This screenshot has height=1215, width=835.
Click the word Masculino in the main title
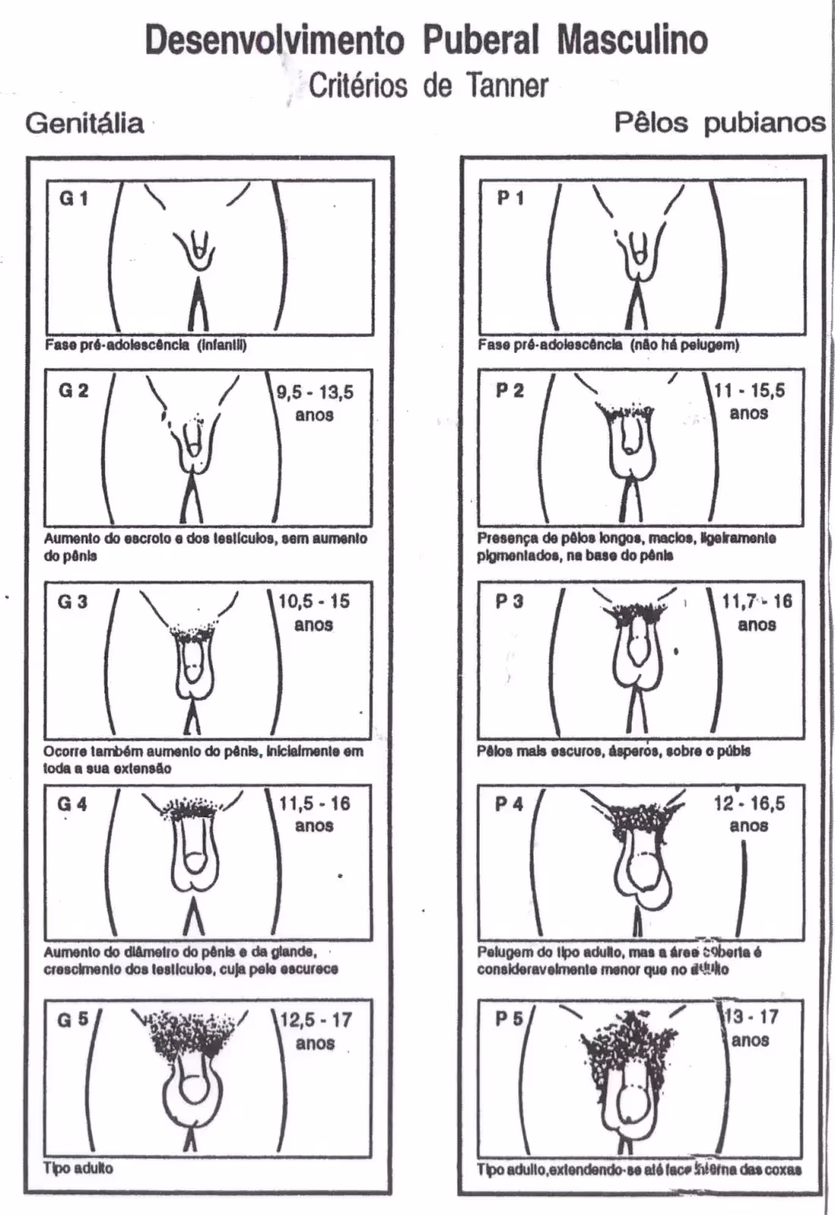632,39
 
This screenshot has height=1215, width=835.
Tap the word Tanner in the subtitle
507,85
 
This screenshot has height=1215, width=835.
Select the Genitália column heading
84,123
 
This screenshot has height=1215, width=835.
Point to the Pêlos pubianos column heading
719,122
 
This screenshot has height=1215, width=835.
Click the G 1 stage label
74,199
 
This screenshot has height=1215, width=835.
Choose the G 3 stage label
72,602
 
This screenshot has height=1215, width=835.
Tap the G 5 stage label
73,1020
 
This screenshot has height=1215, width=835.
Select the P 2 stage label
510,390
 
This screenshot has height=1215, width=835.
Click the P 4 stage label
509,804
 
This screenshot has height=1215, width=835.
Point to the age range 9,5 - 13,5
314,393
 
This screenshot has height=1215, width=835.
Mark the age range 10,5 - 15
314,601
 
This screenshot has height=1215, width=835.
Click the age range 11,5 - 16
314,803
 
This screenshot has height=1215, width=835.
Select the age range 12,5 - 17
316,1020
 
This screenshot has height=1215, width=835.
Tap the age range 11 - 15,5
749,391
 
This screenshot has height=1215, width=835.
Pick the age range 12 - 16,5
748,803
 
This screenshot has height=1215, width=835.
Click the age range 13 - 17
751,1017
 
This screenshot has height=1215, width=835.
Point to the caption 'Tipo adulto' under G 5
78,1169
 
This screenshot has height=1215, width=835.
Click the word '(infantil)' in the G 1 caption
222,346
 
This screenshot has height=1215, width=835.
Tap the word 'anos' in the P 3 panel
757,625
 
